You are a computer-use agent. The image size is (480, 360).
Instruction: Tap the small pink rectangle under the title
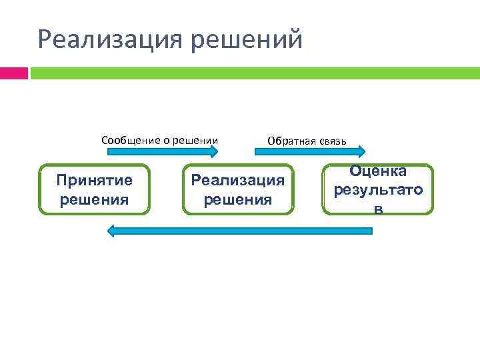click(13, 72)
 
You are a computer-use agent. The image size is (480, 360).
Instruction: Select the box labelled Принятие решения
click(94, 189)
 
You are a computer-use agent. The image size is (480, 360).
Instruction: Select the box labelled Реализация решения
click(238, 189)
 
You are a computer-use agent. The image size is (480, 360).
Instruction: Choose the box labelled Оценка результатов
click(378, 189)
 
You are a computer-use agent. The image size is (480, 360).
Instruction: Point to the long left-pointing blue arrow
click(240, 231)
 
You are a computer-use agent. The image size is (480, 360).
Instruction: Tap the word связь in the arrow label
click(331, 141)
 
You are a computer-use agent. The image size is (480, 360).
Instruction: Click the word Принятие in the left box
click(94, 180)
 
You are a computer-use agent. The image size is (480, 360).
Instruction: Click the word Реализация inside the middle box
click(238, 180)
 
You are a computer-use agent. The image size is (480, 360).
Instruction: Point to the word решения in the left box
click(94, 199)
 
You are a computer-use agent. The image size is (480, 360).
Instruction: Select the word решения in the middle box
click(238, 199)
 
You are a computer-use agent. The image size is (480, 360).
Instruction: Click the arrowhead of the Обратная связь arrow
click(359, 152)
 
